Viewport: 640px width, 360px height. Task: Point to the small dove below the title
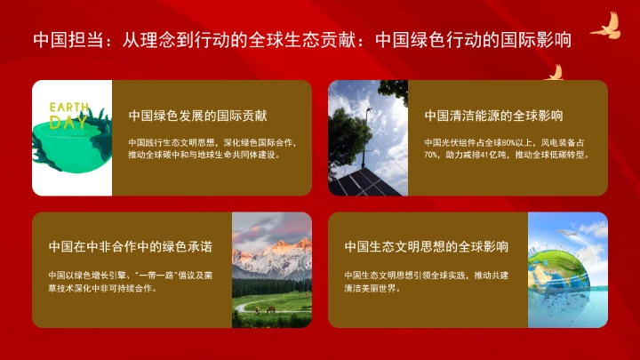(554, 72)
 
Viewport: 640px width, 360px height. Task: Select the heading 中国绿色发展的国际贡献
(198, 116)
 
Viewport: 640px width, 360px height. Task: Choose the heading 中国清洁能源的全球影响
(493, 116)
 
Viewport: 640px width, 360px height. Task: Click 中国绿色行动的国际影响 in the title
(473, 40)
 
